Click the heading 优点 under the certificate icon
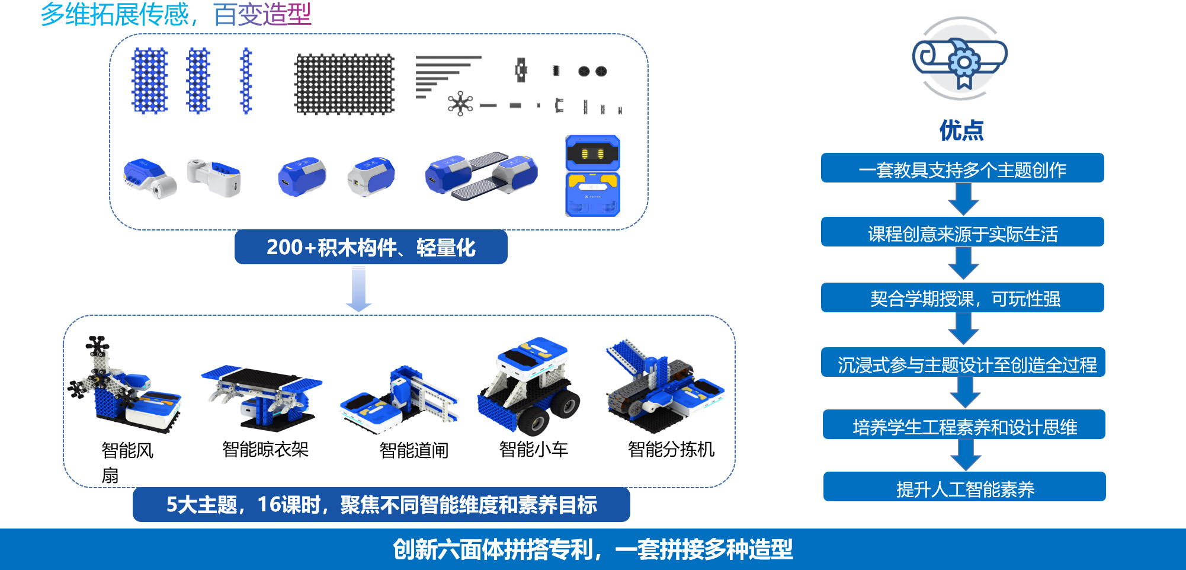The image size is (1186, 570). click(x=961, y=130)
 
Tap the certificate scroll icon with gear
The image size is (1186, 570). click(x=960, y=58)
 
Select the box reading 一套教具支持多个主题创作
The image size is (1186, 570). click(x=963, y=168)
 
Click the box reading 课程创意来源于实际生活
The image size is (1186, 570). click(x=963, y=232)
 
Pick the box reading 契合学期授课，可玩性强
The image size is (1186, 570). click(x=963, y=297)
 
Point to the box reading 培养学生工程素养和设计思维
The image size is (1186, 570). click(x=964, y=425)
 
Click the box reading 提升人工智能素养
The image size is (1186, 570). click(x=964, y=487)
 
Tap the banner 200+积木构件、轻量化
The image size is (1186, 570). click(x=371, y=247)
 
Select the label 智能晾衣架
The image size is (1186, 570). click(x=265, y=449)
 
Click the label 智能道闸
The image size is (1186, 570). click(x=414, y=450)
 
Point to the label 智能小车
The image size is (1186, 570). click(x=534, y=449)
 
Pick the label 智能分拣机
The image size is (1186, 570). click(x=671, y=449)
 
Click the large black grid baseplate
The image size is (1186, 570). click(x=344, y=84)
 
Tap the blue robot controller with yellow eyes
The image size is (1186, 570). click(x=592, y=175)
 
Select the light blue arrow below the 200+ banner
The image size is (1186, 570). click(x=358, y=289)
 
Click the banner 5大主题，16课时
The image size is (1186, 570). click(x=382, y=505)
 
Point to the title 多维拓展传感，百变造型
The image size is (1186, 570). click(x=176, y=14)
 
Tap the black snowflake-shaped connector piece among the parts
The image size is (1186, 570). click(x=460, y=104)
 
